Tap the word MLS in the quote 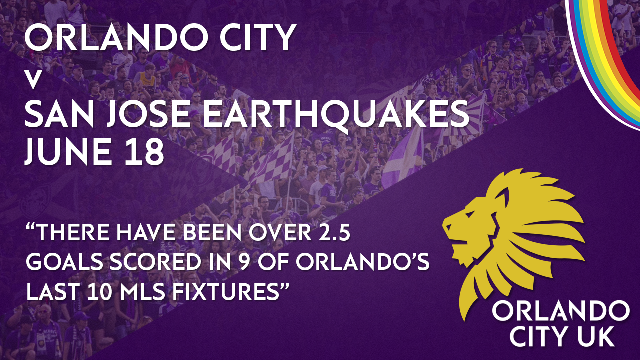tap(142, 291)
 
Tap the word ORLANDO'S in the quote tap(363, 262)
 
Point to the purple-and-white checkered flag tap(271, 160)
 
